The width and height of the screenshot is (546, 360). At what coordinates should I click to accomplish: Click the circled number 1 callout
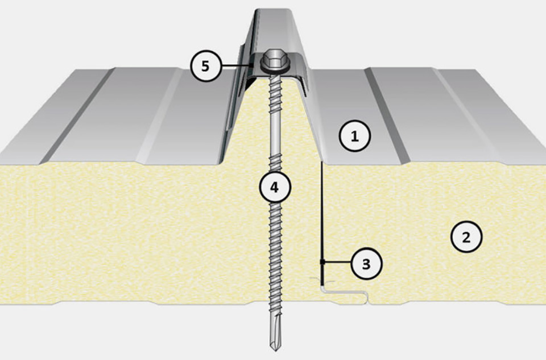(354, 136)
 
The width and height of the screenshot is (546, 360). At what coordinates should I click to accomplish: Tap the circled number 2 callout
(466, 237)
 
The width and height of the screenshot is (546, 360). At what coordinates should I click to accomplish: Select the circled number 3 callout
(367, 263)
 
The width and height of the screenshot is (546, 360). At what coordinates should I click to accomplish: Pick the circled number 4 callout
(274, 187)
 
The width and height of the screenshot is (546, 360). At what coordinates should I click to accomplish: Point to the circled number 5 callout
(206, 66)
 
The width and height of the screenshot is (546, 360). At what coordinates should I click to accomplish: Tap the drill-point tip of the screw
(275, 349)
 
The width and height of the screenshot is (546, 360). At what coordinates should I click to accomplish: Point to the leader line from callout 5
(235, 65)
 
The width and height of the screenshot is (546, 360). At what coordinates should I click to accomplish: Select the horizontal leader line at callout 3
(337, 262)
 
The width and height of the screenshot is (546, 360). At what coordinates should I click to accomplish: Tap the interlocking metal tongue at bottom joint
(345, 292)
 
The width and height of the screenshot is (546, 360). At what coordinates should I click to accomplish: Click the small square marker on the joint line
(322, 262)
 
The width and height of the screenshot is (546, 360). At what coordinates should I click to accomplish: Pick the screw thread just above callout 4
(274, 163)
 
